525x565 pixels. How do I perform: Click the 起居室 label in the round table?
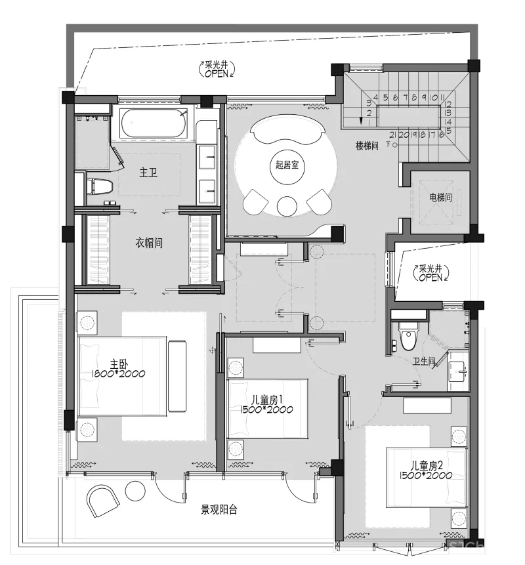[287, 165]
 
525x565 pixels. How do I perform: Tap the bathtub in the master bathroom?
[154, 123]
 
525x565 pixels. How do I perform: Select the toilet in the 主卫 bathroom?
[100, 186]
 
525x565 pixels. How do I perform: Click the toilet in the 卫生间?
[409, 336]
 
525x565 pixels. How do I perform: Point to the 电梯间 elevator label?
[441, 197]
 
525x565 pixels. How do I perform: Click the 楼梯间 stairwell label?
[367, 146]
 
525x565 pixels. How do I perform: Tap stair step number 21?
[393, 135]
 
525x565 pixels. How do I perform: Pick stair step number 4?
[375, 97]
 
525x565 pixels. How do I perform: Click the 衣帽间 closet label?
[149, 243]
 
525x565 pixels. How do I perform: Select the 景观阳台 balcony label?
[219, 509]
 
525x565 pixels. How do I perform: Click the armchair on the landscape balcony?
[102, 501]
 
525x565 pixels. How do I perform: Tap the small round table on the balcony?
[135, 491]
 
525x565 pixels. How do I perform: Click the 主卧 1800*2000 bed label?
[119, 368]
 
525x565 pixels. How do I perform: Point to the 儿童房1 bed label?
[266, 404]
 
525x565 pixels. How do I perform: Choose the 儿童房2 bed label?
[425, 471]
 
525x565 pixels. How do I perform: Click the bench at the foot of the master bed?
[177, 376]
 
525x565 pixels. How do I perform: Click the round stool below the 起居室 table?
[287, 206]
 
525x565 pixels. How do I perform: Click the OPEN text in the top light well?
[217, 73]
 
